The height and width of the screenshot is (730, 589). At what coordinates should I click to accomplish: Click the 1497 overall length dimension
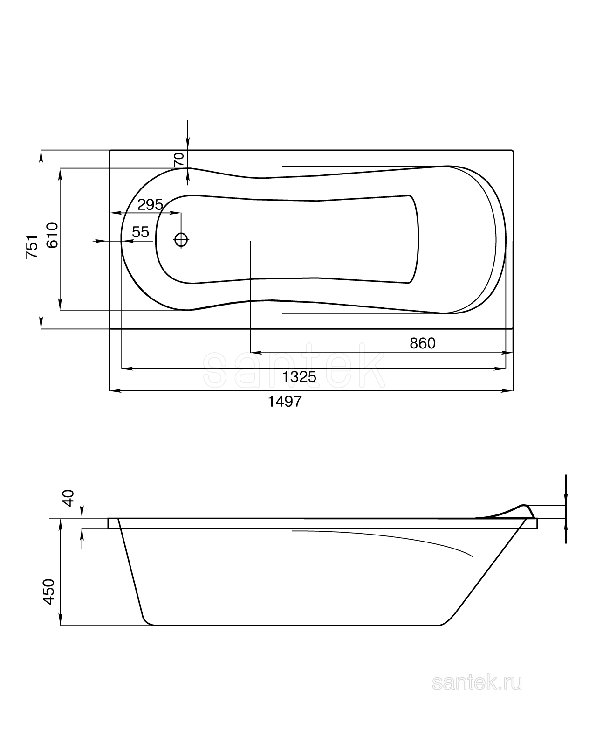pos(284,401)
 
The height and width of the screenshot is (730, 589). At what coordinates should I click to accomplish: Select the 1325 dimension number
pos(299,377)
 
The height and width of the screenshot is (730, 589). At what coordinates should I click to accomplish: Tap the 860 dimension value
pos(422,343)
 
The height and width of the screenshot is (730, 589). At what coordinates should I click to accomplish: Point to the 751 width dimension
pos(32,246)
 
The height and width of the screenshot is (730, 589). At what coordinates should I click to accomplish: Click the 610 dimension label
pos(52,235)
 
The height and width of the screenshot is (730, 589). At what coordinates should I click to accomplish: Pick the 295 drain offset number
pos(150,205)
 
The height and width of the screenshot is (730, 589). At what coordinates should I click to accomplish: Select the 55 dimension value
pos(141,232)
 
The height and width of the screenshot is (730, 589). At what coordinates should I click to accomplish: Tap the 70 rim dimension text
pos(179,160)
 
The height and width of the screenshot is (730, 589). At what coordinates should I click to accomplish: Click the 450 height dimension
pos(48,591)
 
